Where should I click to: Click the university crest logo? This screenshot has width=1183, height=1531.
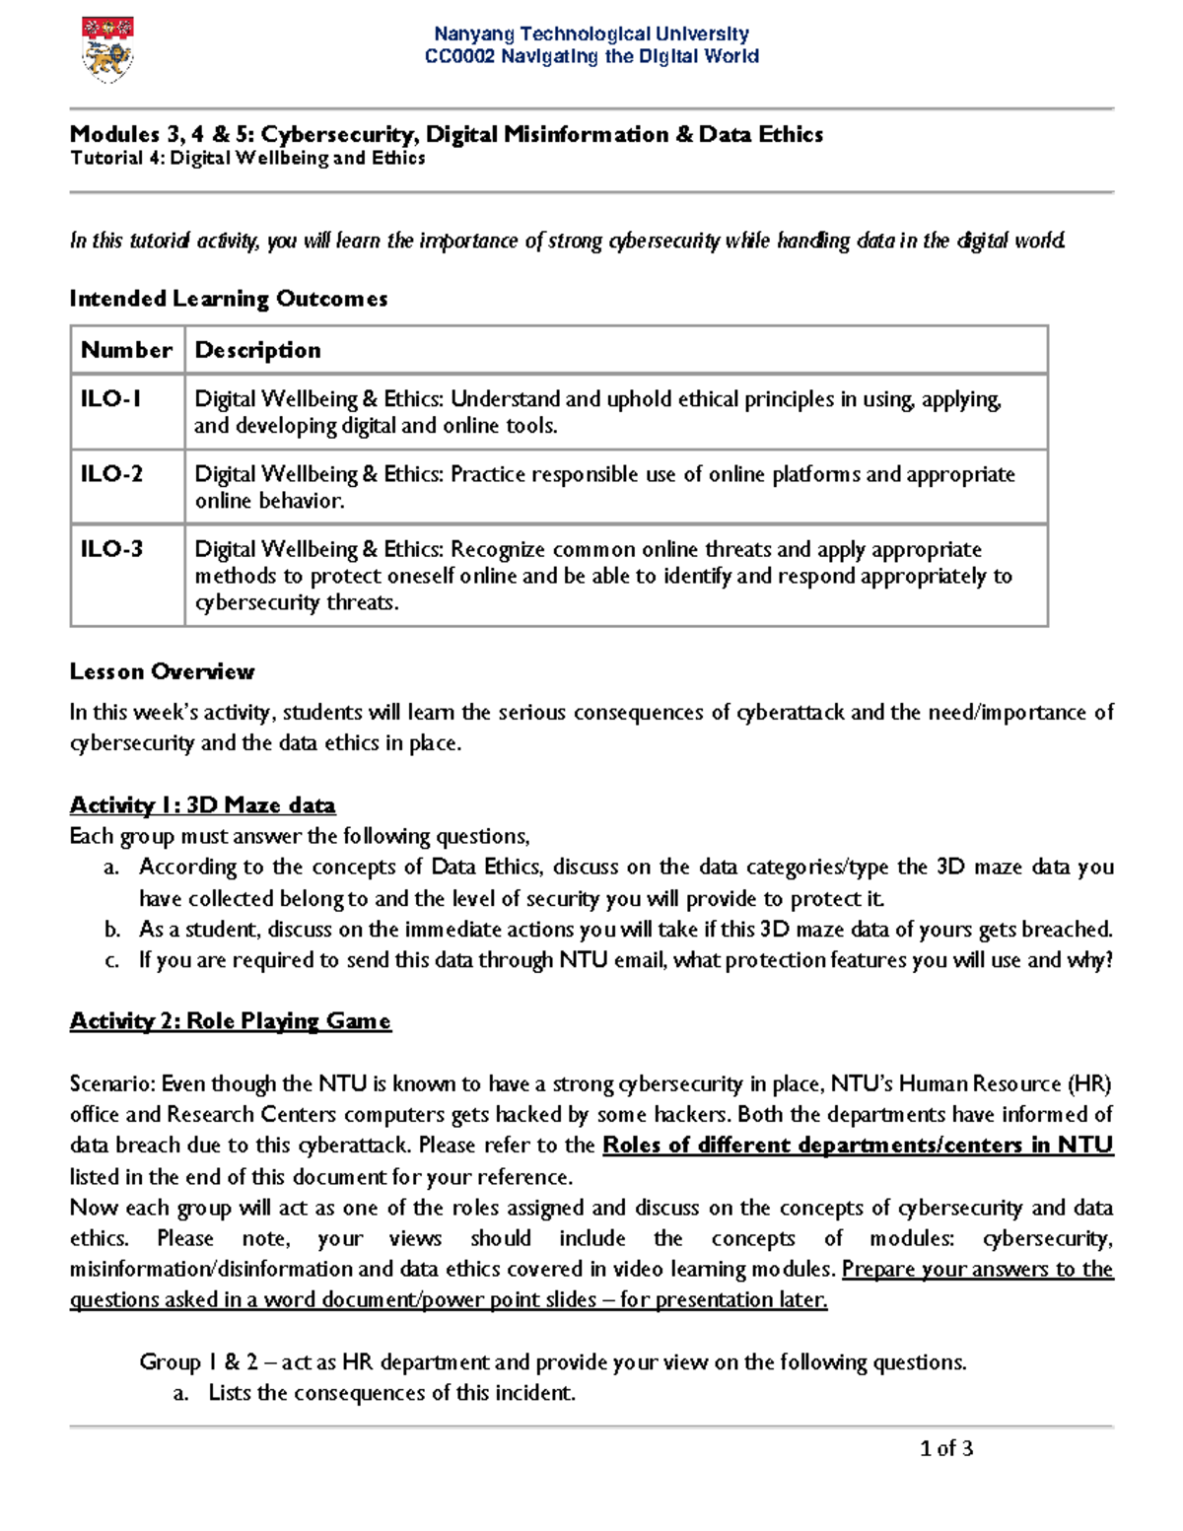(107, 49)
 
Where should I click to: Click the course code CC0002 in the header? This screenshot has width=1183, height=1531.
(460, 56)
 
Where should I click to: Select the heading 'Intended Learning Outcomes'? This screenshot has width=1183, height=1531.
(228, 299)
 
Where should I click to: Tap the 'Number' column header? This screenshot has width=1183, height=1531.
(126, 350)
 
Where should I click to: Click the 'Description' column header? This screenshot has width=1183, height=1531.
(257, 350)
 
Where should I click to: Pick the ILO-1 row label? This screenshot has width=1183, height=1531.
(110, 399)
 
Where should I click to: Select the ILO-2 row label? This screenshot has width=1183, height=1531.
(111, 474)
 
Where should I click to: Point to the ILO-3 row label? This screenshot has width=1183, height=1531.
(111, 549)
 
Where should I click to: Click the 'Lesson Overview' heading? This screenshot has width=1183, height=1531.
(162, 671)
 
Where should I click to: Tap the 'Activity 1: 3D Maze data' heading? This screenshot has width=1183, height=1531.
(202, 805)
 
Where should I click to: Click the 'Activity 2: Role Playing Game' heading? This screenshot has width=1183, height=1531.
(230, 1021)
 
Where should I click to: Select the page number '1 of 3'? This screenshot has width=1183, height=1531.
(945, 1448)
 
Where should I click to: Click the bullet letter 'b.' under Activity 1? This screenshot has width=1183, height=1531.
(112, 930)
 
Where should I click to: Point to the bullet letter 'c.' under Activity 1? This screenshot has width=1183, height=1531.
(112, 960)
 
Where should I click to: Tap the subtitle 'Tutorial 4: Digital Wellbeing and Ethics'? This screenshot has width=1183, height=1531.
(247, 159)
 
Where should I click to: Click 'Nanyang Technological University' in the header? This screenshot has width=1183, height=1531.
(591, 35)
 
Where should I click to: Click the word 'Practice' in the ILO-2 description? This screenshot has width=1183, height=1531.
(488, 474)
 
